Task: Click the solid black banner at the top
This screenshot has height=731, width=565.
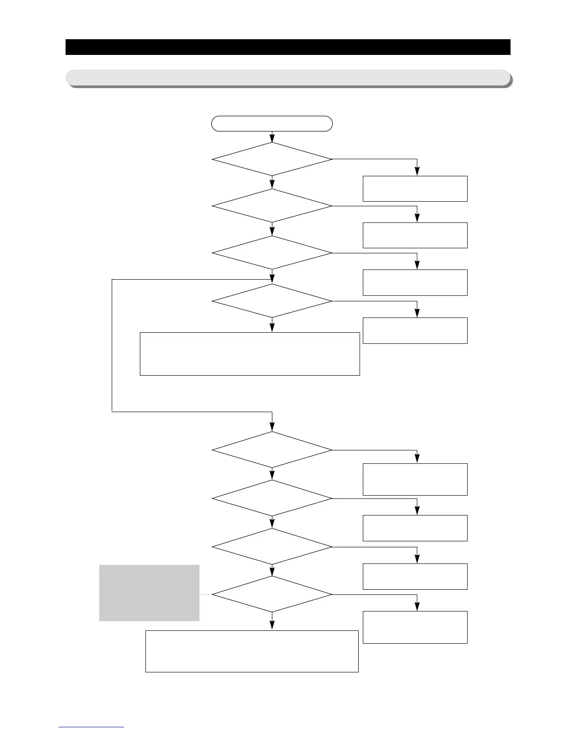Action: (288, 47)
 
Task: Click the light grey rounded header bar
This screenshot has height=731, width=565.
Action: (288, 78)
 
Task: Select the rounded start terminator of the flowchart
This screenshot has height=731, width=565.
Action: (272, 124)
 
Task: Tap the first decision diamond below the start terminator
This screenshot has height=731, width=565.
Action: (272, 159)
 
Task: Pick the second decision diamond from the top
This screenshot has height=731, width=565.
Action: (272, 206)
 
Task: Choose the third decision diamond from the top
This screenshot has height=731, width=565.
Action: (272, 253)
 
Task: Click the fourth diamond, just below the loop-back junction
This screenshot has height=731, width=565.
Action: (272, 301)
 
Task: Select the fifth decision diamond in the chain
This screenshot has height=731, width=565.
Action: (272, 450)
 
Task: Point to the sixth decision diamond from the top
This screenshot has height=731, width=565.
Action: (272, 498)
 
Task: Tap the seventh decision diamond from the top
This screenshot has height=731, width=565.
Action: (272, 547)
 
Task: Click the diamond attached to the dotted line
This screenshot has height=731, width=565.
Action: (272, 595)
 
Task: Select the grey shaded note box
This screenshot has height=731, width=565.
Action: (149, 593)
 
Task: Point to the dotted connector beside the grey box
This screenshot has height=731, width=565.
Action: (206, 595)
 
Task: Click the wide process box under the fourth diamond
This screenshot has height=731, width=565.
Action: (250, 354)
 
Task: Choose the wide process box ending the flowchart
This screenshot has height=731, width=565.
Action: (252, 651)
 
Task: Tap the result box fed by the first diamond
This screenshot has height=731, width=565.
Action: (415, 189)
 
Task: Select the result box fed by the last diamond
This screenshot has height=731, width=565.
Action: (415, 627)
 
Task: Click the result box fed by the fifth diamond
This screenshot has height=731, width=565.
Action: (415, 479)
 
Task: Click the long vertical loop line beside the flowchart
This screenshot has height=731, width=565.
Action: (112, 345)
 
